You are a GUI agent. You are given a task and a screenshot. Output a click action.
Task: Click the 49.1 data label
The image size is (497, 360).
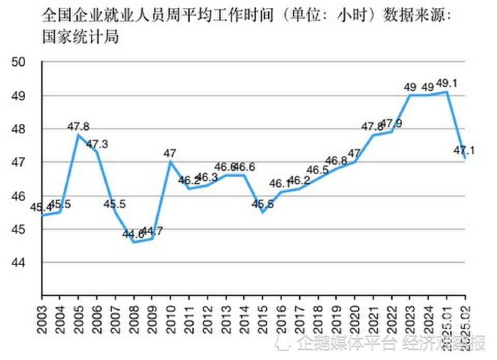point(449,83)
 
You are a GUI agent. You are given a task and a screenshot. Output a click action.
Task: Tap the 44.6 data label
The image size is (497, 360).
point(134,234)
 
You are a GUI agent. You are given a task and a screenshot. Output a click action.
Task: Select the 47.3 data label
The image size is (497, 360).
point(96,144)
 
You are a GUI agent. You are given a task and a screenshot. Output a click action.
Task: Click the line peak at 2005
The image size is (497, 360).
point(78,135)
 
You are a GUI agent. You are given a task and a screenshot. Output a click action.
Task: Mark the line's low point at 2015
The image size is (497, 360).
point(263,212)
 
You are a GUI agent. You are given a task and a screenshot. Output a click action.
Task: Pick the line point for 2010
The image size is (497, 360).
point(170,161)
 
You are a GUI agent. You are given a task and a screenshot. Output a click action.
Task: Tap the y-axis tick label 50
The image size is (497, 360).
point(19,62)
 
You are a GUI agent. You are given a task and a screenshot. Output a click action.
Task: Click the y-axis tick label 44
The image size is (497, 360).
point(19,263)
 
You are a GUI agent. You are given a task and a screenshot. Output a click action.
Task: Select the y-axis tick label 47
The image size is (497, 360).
point(19,162)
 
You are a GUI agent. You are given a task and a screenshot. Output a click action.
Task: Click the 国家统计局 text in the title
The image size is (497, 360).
point(79,37)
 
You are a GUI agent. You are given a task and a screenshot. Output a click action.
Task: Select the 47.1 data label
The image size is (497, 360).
point(464,151)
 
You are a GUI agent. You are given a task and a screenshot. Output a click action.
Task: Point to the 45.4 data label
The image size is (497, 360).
point(41,207)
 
